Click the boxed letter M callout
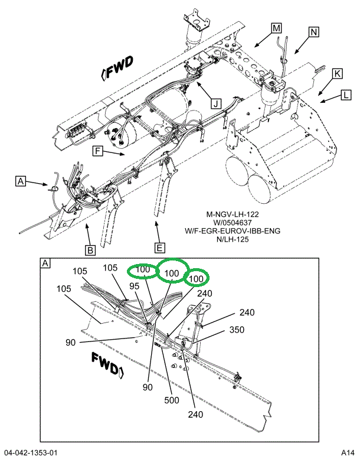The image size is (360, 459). (276, 28)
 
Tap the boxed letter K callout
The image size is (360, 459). (336, 73)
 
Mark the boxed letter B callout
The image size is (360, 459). (90, 250)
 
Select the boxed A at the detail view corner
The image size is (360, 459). (45, 263)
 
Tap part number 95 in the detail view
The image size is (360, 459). (135, 286)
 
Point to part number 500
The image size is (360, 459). (171, 400)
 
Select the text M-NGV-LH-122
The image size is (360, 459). (233, 214)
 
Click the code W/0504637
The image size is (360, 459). (233, 223)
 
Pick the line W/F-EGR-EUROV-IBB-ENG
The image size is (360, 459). (233, 232)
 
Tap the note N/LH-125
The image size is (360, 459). (233, 240)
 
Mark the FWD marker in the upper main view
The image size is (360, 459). (118, 67)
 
